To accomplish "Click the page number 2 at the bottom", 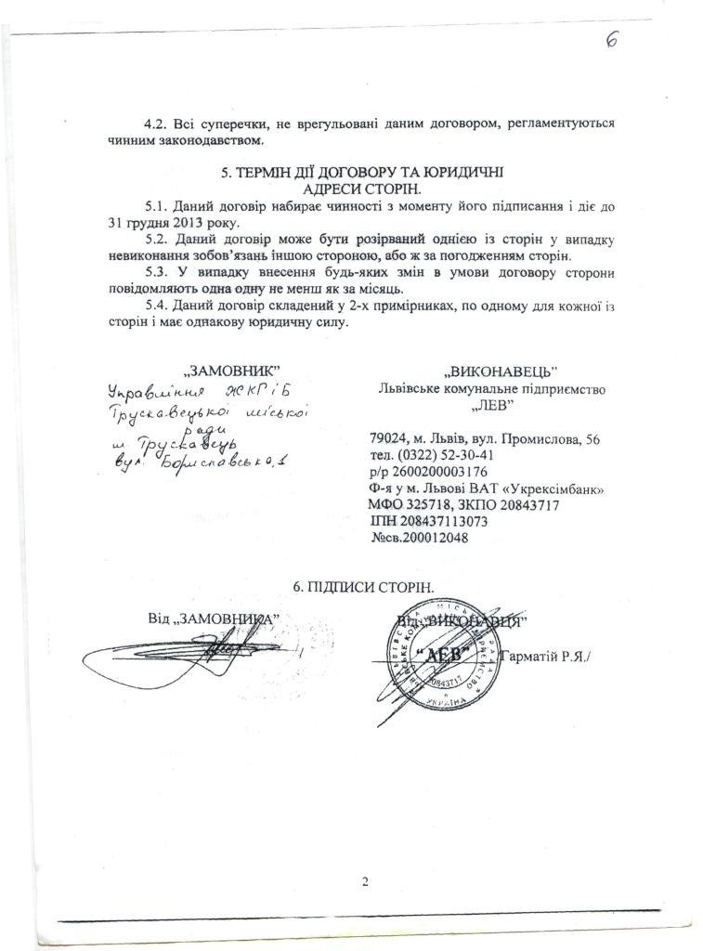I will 365,881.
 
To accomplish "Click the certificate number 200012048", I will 435,538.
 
